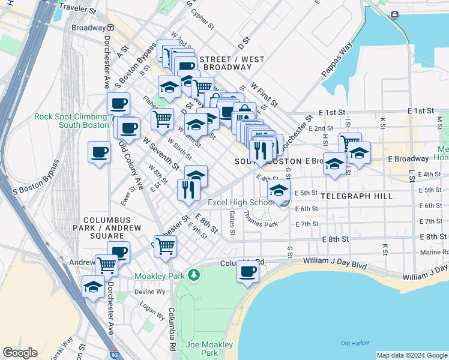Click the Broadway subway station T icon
click(x=111, y=28)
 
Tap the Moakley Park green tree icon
click(x=193, y=275)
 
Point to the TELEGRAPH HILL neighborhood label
click(x=356, y=196)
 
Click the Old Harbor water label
click(x=353, y=343)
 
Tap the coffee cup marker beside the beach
click(x=247, y=272)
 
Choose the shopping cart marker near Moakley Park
click(x=165, y=244)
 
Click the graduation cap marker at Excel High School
click(x=278, y=190)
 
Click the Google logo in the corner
click(x=20, y=353)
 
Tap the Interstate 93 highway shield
click(x=115, y=355)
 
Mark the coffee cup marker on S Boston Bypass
click(x=99, y=152)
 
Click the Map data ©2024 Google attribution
click(x=411, y=355)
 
